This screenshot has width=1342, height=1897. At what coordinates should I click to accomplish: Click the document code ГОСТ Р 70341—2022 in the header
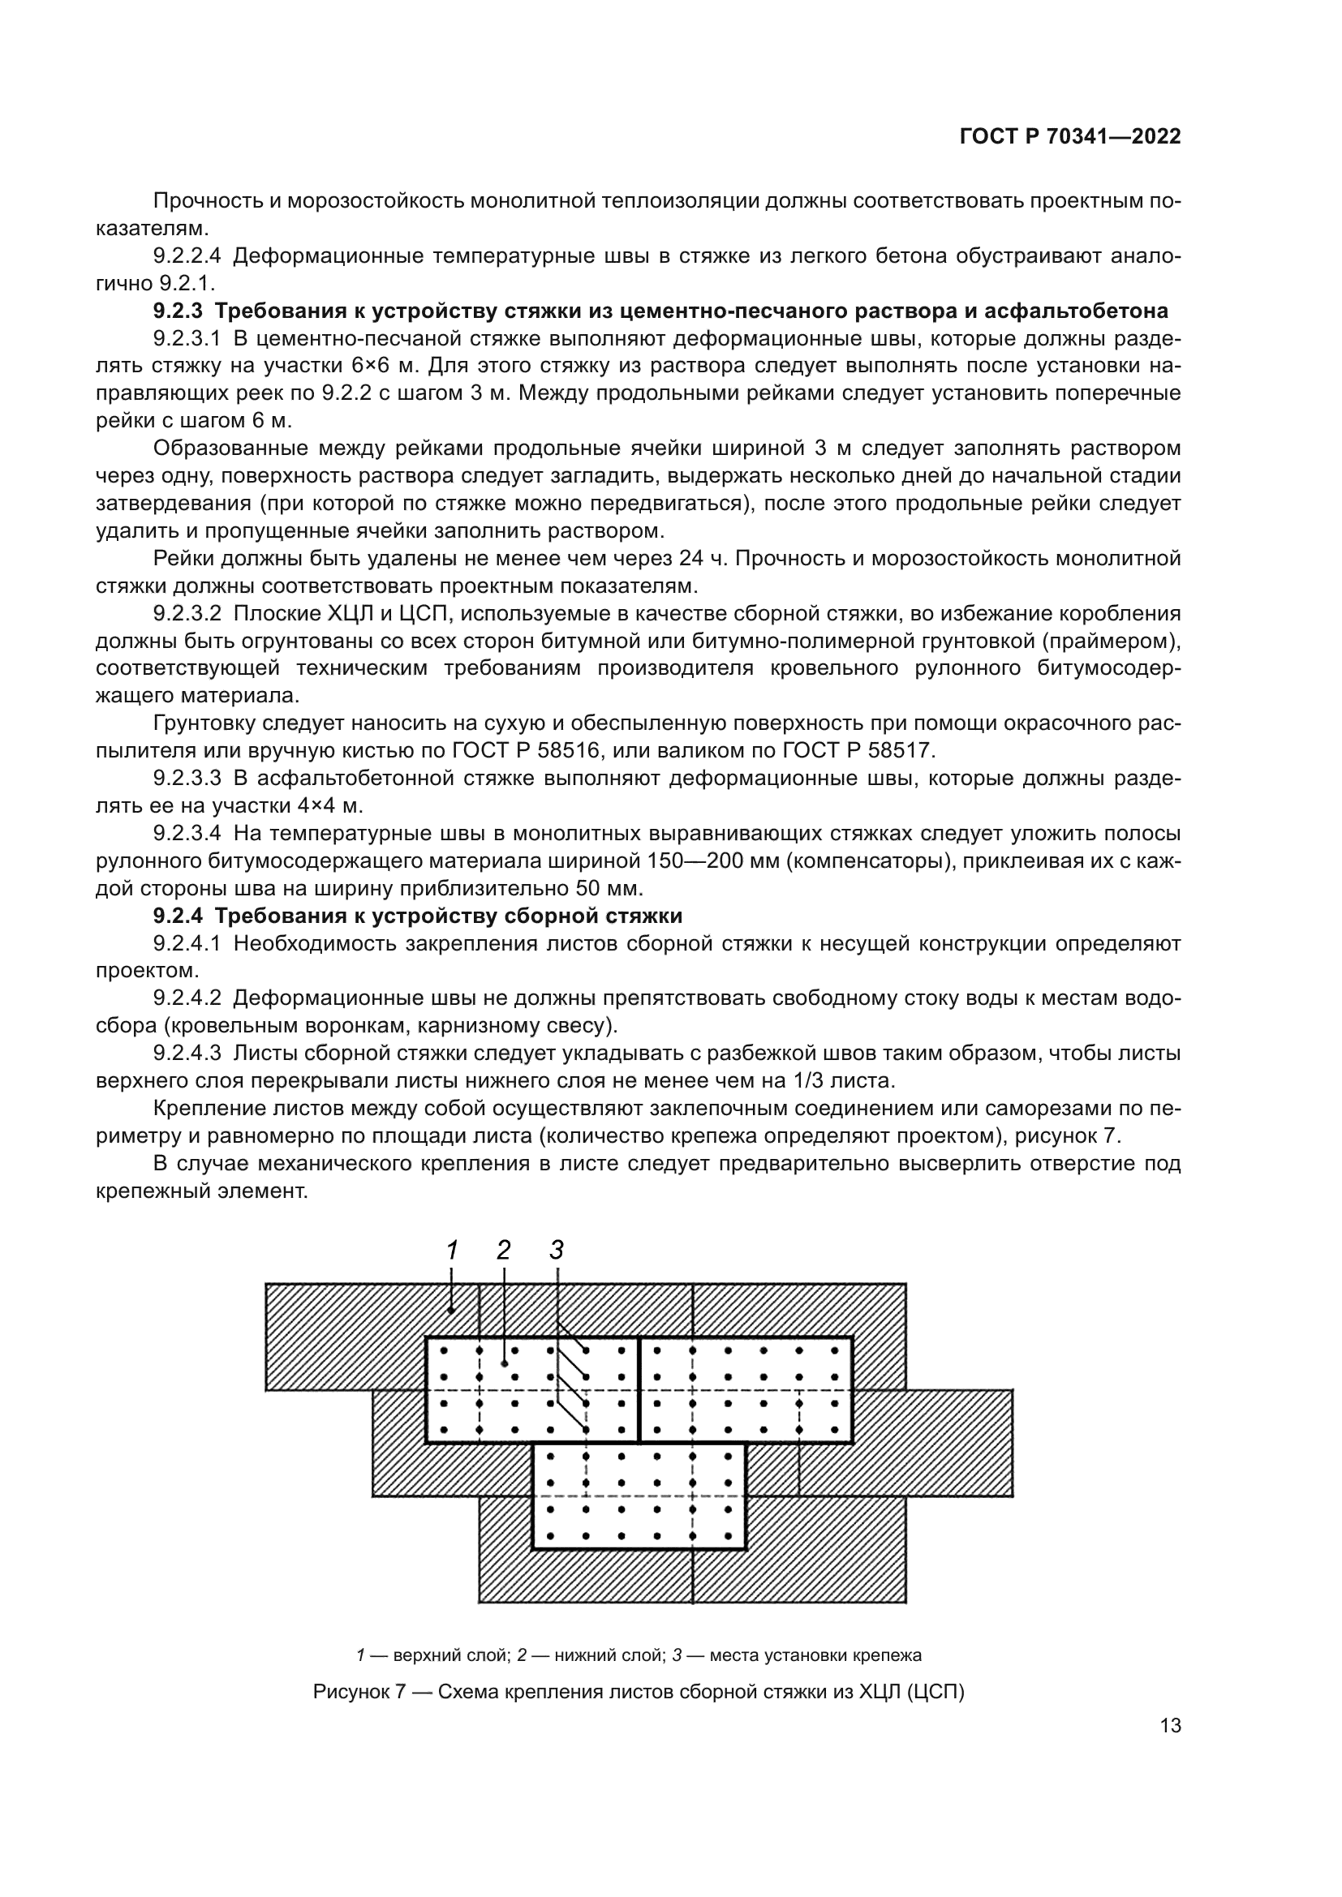pyautogui.click(x=1070, y=137)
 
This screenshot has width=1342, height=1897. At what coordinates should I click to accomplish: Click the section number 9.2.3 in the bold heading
pyautogui.click(x=179, y=311)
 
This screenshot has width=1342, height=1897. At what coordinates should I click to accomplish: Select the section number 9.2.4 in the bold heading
pyautogui.click(x=179, y=916)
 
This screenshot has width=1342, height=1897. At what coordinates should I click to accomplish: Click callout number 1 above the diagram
pyautogui.click(x=452, y=1250)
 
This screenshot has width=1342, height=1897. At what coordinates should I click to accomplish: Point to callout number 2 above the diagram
pyautogui.click(x=504, y=1250)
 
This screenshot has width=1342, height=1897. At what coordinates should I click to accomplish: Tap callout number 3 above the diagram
pyautogui.click(x=556, y=1250)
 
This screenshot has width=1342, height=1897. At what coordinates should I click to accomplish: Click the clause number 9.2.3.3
pyautogui.click(x=187, y=779)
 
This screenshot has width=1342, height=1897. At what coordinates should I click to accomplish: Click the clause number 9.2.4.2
pyautogui.click(x=187, y=998)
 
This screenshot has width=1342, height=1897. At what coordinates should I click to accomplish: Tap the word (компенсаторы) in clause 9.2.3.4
pyautogui.click(x=865, y=861)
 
